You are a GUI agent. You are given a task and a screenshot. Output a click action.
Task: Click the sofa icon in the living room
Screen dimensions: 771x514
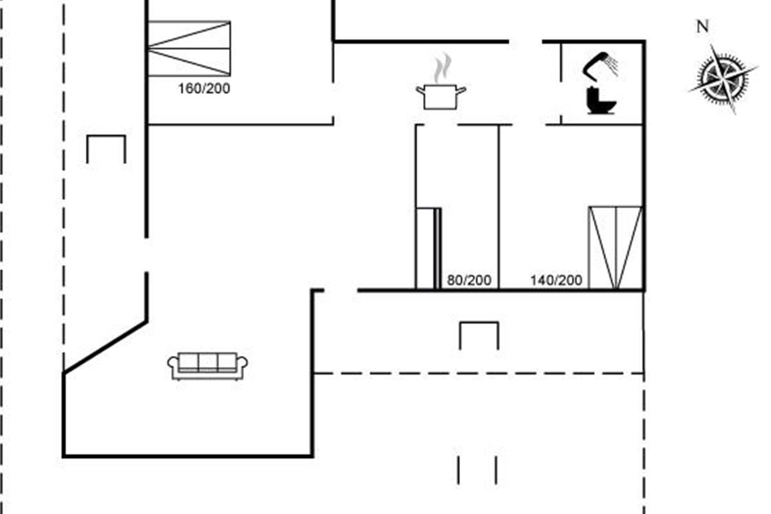tap(208, 366)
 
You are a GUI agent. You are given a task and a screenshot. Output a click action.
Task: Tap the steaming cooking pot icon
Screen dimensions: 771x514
tap(441, 82)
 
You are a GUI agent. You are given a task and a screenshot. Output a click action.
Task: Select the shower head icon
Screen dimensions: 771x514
tap(600, 66)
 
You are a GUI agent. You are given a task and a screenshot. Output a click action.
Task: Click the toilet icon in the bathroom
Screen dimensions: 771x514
tap(601, 100)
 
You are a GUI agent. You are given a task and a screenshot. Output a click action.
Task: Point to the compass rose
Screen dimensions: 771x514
tap(723, 79)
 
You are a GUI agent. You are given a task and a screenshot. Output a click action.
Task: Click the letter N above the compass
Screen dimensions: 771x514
tap(703, 26)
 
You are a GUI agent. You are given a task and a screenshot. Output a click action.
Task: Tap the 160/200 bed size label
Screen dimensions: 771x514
tap(204, 89)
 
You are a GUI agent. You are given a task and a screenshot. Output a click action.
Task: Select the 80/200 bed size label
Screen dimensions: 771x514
tap(469, 280)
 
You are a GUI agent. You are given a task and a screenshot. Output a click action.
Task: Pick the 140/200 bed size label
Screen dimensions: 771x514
tap(556, 280)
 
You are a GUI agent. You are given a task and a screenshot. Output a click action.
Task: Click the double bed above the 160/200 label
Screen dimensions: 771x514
tap(189, 49)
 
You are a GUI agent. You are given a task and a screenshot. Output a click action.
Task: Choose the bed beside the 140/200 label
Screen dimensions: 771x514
tap(616, 248)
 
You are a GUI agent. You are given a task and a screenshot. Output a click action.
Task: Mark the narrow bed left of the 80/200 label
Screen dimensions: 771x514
tap(428, 248)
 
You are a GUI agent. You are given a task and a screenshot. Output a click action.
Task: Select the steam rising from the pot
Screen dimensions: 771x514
tap(443, 68)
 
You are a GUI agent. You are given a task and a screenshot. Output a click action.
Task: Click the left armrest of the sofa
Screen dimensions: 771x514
tap(173, 365)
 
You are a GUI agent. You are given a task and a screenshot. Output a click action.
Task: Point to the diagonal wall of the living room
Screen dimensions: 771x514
tap(105, 347)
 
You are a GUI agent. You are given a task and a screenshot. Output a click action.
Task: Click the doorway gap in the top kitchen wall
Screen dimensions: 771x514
tap(526, 42)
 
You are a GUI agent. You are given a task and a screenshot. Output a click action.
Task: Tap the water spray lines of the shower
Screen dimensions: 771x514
tap(612, 66)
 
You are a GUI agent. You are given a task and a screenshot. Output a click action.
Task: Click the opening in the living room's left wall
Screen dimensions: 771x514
tap(146, 255)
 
